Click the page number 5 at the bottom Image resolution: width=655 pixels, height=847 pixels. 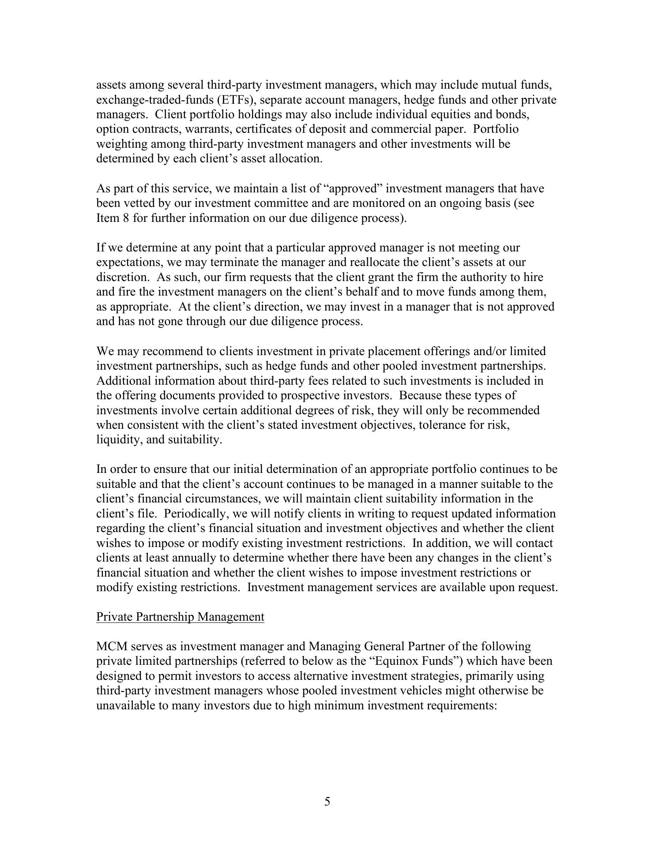[x=327, y=802]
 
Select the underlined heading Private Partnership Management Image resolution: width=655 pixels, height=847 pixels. [x=180, y=617]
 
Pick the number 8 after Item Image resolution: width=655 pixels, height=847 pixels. [x=126, y=218]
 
